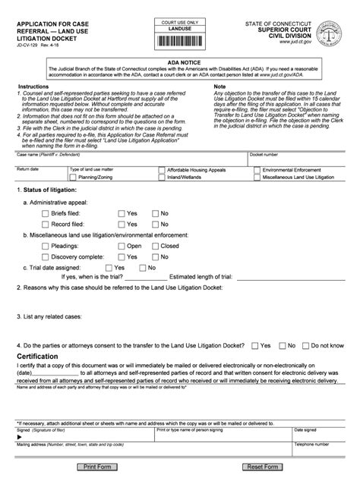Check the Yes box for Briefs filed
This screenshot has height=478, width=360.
(x=119, y=213)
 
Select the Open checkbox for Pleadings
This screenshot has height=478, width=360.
(x=119, y=246)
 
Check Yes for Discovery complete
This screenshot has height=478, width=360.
(x=119, y=257)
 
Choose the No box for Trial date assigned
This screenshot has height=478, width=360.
(x=143, y=268)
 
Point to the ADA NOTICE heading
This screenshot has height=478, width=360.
(x=179, y=68)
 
